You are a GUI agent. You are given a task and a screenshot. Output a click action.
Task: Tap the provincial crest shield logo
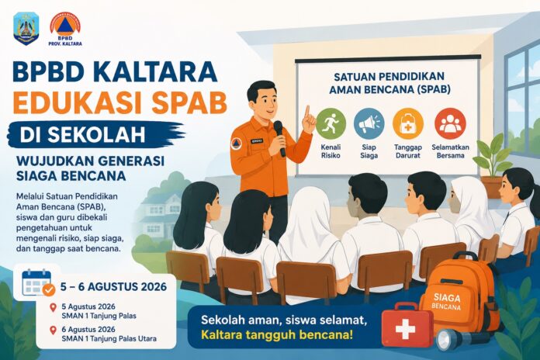[26, 29]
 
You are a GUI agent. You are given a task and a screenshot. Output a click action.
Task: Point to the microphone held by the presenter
[279, 138]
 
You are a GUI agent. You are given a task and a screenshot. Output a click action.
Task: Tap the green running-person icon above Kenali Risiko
[331, 124]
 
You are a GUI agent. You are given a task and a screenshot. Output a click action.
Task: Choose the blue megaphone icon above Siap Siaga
[369, 124]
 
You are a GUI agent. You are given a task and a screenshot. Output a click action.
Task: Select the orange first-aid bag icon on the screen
[408, 124]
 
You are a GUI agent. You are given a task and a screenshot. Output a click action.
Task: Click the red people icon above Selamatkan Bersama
[450, 124]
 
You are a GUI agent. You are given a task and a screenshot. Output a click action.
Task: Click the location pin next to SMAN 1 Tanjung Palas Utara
[53, 331]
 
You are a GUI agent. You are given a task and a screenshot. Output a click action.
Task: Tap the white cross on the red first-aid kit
[405, 329]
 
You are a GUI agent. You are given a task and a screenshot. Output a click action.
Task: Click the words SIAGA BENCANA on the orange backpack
[447, 301]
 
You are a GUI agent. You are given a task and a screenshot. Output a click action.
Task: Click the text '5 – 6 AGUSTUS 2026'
[113, 286]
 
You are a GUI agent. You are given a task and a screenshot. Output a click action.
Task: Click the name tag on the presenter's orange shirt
[257, 140]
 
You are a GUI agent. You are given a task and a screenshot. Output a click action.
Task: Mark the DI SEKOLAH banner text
[83, 135]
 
